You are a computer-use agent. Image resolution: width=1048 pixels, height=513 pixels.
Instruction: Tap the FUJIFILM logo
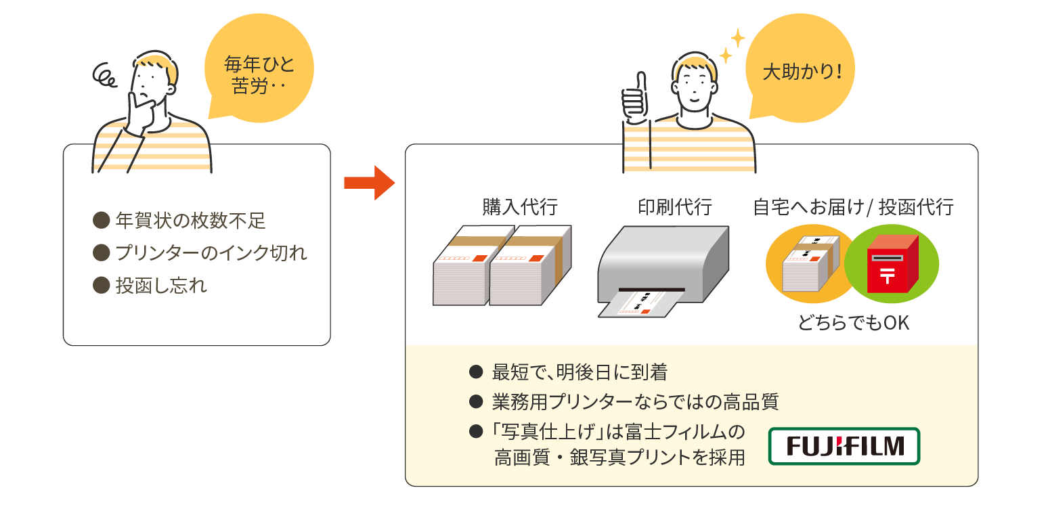tap(844, 446)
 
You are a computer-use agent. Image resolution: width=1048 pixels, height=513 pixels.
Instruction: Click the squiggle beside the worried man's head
tap(106, 76)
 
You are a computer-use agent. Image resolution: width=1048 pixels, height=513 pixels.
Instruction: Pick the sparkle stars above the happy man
tap(731, 46)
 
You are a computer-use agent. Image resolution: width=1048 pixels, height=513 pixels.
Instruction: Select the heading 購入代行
tap(520, 206)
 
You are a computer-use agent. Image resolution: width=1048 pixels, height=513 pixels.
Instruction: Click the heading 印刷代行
tap(675, 206)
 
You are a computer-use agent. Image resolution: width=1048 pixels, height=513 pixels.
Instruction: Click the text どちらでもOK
tap(854, 324)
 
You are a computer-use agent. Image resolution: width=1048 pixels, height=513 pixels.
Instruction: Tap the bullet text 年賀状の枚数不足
tap(190, 220)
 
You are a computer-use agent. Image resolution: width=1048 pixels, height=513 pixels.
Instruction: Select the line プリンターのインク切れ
tap(211, 253)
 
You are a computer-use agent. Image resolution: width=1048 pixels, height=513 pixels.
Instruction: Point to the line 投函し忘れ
tap(161, 286)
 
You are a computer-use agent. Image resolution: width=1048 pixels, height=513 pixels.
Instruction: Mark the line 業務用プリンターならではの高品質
tap(635, 402)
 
